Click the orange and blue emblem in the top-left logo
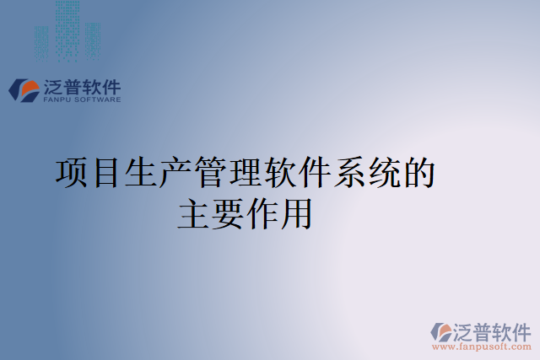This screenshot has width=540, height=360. point(23,89)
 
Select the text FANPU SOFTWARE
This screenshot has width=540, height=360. point(81,99)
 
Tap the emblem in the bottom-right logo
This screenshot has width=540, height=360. point(441,332)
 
